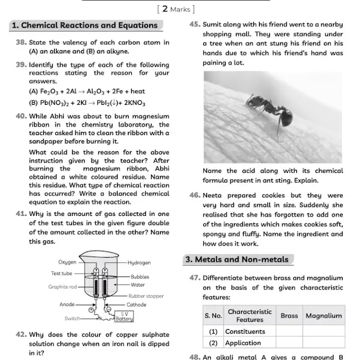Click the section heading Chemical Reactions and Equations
tap(85, 25)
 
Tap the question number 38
tap(21, 42)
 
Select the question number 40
tap(21, 116)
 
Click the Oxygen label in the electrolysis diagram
tap(67, 262)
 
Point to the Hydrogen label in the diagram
tap(139, 263)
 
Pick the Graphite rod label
tap(62, 287)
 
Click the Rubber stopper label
tap(146, 296)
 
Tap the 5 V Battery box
tap(124, 316)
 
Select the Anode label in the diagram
tap(67, 305)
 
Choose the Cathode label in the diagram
tap(136, 305)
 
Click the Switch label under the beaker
tap(72, 318)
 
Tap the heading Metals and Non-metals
tap(237, 260)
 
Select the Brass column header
tap(289, 316)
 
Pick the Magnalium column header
tap(324, 316)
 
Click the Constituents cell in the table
tap(245, 332)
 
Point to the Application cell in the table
tap(243, 343)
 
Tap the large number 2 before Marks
tap(165, 9)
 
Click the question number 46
tap(195, 195)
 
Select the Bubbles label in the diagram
tap(140, 277)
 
